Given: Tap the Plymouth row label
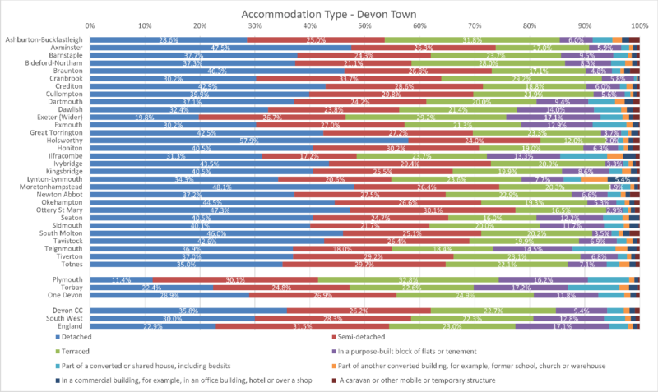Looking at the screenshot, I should (x=69, y=279).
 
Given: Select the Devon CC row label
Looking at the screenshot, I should (x=67, y=311).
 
